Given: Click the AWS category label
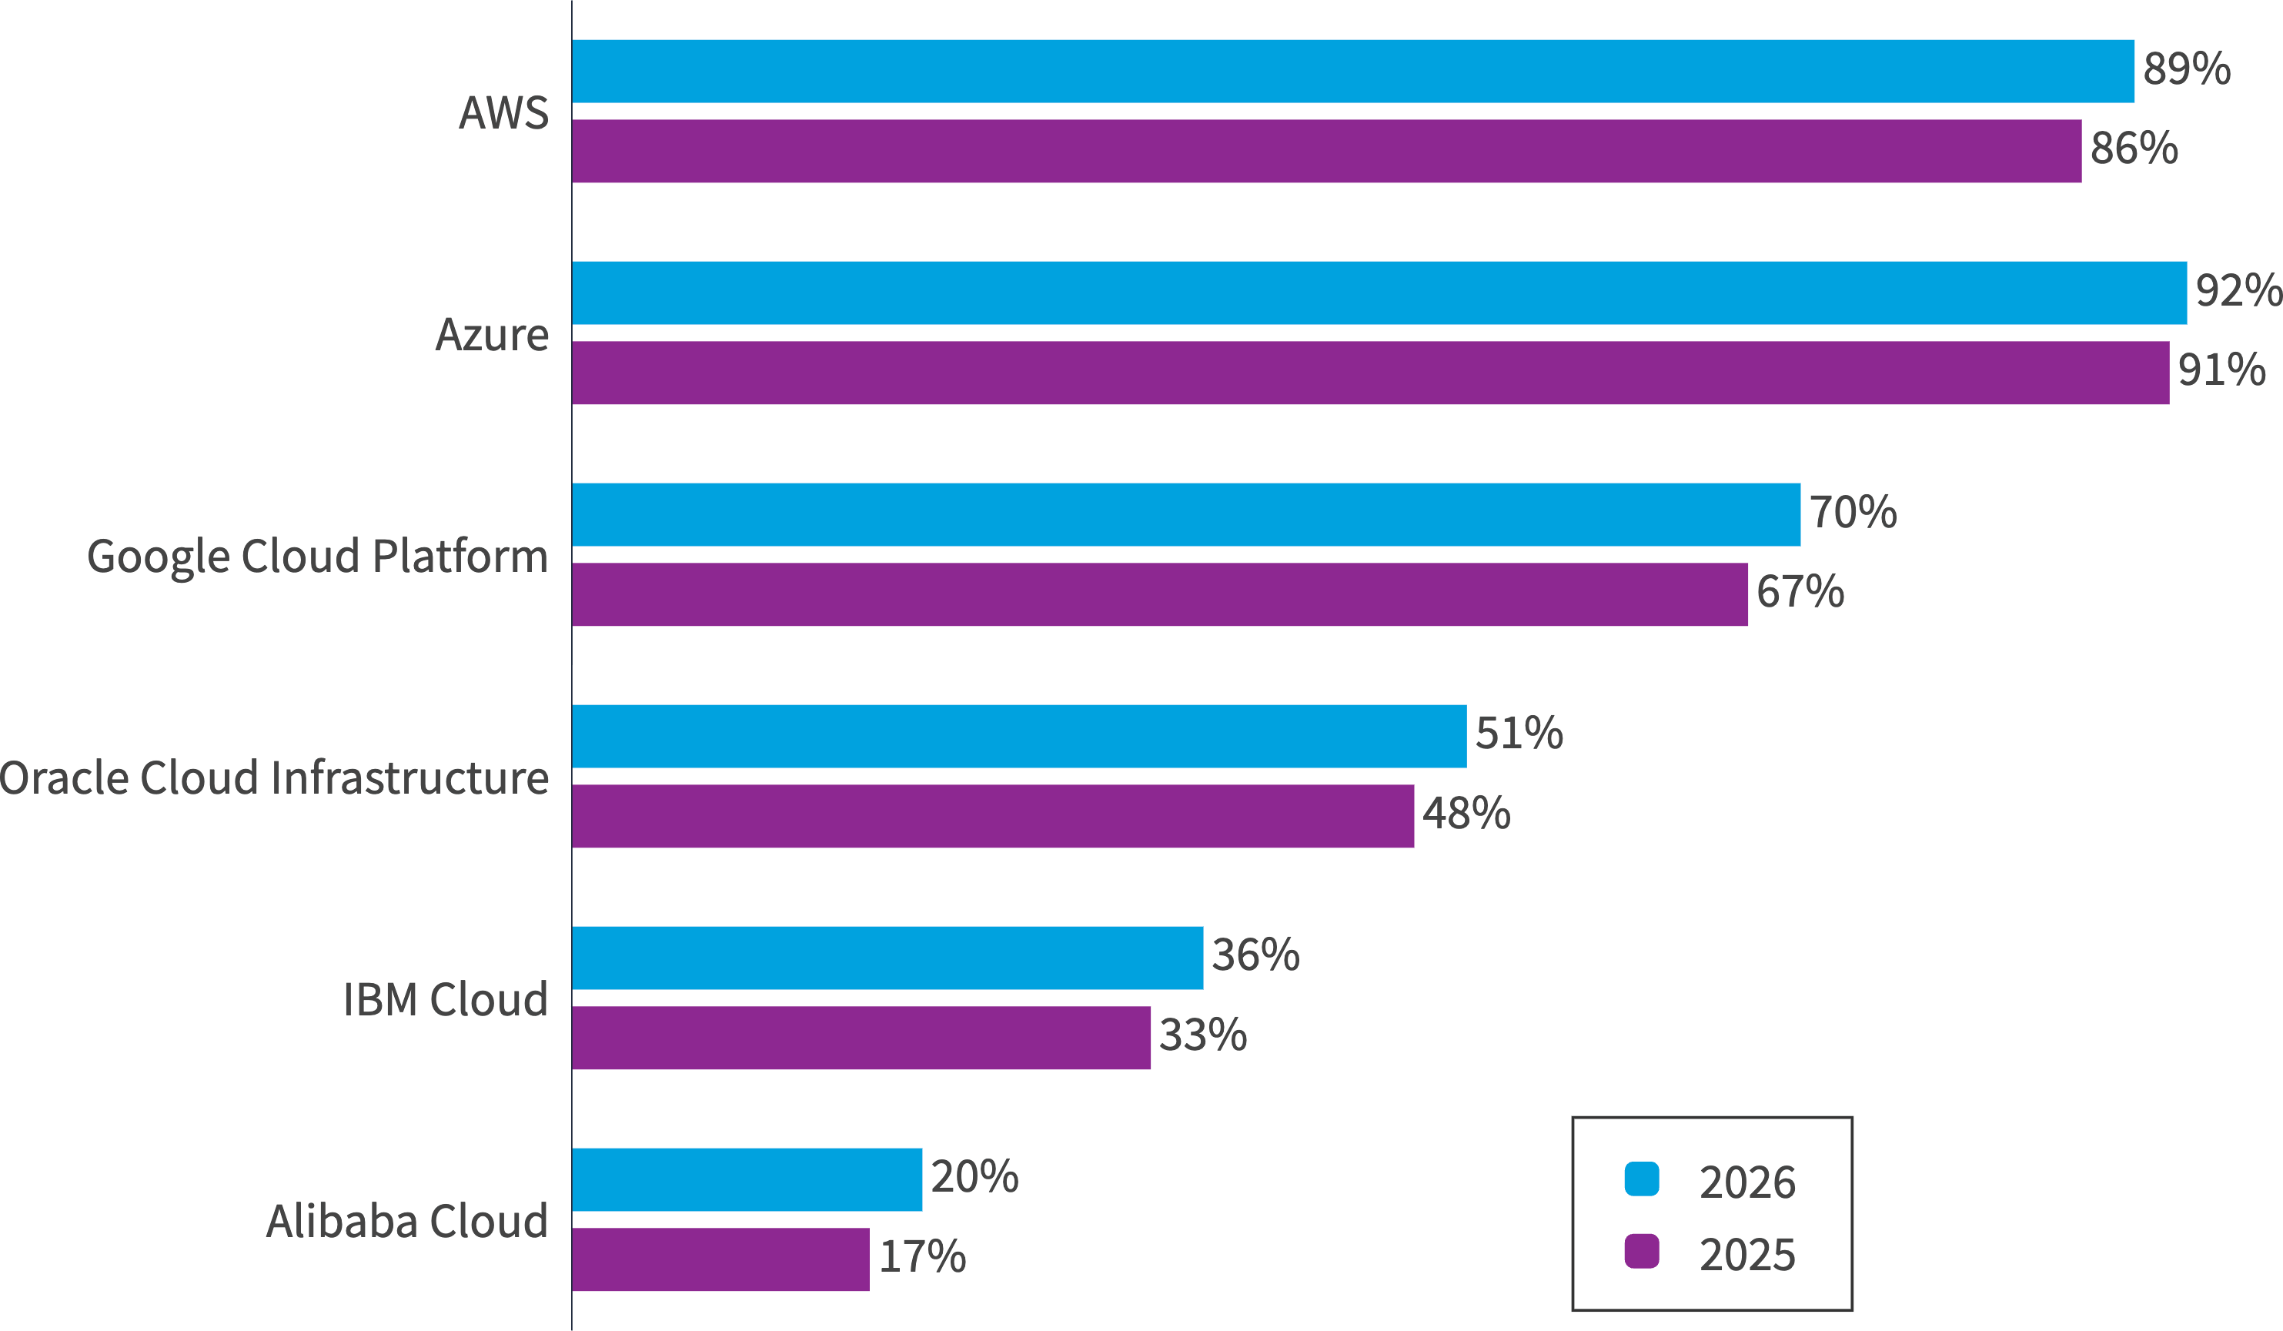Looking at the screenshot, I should tap(503, 113).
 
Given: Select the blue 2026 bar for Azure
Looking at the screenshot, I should tap(1379, 293).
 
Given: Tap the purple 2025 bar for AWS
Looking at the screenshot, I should tap(1326, 152).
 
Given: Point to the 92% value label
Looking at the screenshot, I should tap(2238, 291).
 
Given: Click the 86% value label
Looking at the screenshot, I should tap(2134, 149).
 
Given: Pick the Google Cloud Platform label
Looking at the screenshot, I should tap(317, 557).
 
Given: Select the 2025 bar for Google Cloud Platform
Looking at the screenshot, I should tap(1160, 594).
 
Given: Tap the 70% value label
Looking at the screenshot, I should tap(1853, 512).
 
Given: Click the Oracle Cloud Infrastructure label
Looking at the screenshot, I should tap(273, 778).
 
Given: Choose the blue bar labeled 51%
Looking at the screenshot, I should tap(1019, 736).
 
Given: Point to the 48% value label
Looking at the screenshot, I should tap(1466, 814).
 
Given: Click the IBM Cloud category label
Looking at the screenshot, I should tap(445, 999).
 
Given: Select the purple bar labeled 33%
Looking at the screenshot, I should tap(861, 1038).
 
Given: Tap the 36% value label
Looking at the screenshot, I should tap(1255, 955).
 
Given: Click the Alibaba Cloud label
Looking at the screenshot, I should tap(406, 1222).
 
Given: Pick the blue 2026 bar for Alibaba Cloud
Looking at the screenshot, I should tap(747, 1179).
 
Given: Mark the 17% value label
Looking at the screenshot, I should tap(922, 1256).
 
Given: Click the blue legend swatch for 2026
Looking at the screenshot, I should tap(1642, 1179).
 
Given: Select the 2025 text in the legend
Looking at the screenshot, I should tap(1747, 1255).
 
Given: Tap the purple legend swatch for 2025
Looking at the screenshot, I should tap(1642, 1251).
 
